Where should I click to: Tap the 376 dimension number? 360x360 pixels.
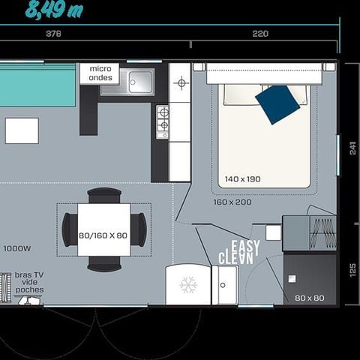click(x=53, y=34)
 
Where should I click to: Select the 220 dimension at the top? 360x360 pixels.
click(x=260, y=34)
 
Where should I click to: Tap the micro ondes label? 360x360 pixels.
click(x=100, y=73)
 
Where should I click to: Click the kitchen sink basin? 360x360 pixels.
click(x=139, y=82)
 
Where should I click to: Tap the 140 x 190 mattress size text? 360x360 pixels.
click(x=242, y=179)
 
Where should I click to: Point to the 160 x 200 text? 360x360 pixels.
click(x=232, y=202)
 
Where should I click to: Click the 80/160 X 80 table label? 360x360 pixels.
click(x=103, y=235)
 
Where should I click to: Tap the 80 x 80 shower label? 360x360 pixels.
click(x=309, y=298)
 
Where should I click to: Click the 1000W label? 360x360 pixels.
click(x=16, y=248)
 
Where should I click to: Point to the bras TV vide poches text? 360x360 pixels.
click(x=29, y=283)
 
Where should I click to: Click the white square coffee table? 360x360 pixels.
click(x=22, y=130)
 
